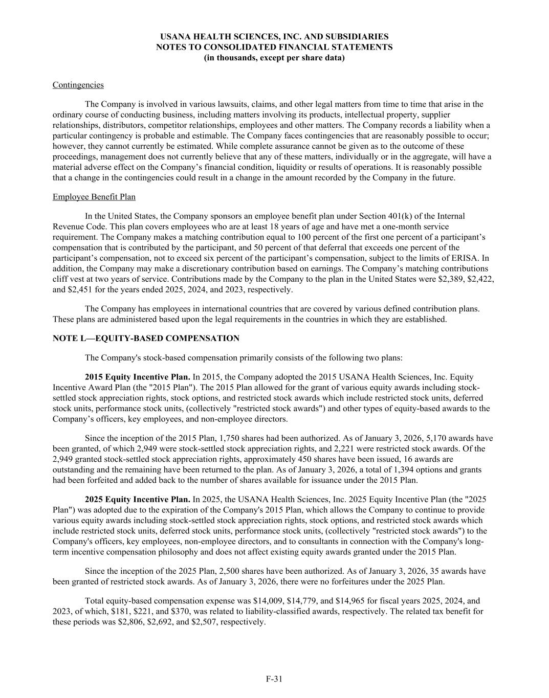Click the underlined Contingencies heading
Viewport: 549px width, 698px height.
tap(78, 85)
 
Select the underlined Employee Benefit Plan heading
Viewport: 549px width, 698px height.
tap(94, 197)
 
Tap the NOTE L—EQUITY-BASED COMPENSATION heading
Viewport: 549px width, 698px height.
tap(146, 339)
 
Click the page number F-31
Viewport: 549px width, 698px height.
tap(274, 679)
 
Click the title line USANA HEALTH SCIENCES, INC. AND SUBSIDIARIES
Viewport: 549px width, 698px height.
tap(274, 37)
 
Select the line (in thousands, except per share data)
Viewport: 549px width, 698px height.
tap(274, 58)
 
